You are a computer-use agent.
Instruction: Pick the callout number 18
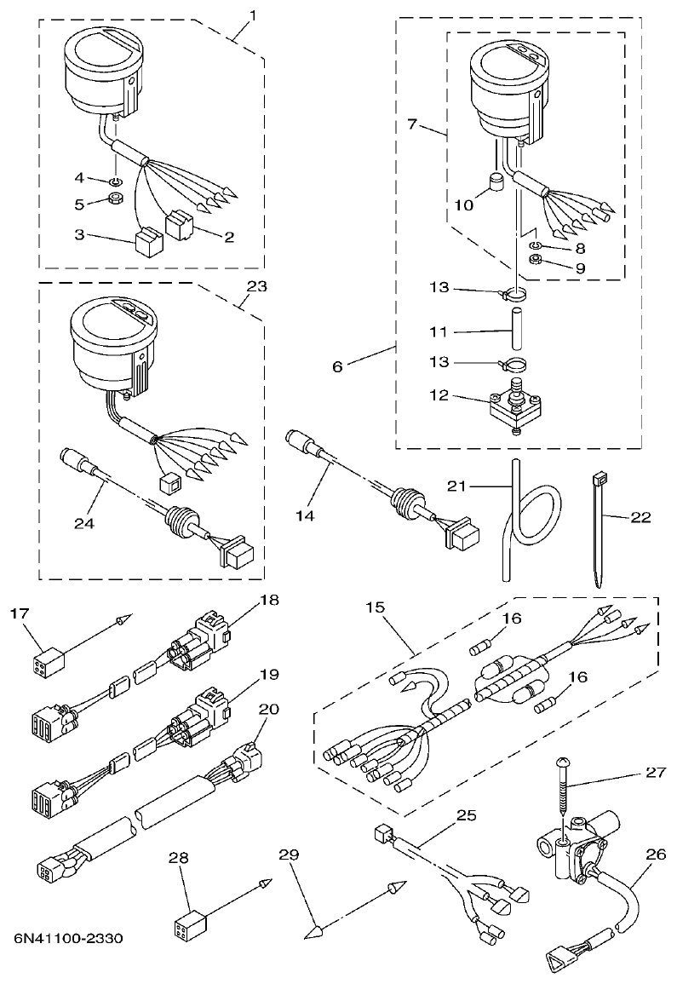click(270, 600)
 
